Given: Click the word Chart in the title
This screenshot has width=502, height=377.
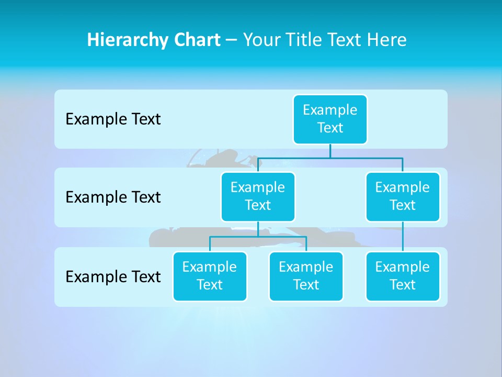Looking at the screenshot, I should pos(197,40).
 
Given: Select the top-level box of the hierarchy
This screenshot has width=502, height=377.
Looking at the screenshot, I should pos(330,119).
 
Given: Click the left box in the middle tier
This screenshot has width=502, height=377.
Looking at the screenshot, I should pos(258,196).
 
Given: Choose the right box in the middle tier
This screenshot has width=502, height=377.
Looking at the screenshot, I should pos(403,196).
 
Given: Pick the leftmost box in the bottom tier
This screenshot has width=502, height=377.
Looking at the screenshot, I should pos(210,276).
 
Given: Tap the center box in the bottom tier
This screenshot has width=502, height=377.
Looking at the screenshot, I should pos(306,276).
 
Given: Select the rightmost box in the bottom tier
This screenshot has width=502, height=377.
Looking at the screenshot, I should pos(403,276).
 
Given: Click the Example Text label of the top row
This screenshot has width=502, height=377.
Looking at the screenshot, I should pos(113,119).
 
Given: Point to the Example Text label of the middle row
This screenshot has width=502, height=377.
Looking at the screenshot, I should pos(113,197).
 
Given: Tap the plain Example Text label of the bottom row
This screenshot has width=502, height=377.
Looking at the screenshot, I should pos(113,276).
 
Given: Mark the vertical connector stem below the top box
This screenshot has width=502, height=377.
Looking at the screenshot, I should pos(330,151).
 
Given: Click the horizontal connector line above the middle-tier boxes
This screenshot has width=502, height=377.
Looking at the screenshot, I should pos(330,157).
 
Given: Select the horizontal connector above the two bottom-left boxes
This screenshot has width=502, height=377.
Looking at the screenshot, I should pos(258,237).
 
